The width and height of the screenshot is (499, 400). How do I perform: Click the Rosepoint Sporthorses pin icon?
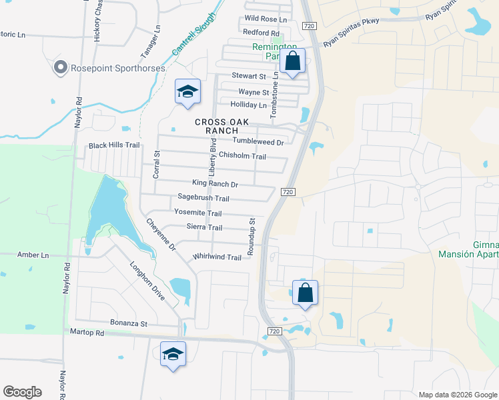coord(61,67)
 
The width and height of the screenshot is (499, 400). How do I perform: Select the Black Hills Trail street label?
coord(114,145)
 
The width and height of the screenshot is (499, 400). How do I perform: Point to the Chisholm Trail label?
coord(243,156)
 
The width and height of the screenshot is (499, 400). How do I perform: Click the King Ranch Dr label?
coord(215,184)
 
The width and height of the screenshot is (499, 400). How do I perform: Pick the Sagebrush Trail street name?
coord(203,198)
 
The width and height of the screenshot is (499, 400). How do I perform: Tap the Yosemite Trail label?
coord(197,213)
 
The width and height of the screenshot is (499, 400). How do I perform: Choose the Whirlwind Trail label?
coord(217,257)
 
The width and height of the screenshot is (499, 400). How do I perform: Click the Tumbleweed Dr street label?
coord(258,142)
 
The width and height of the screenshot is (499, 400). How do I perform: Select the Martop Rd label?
coord(87,332)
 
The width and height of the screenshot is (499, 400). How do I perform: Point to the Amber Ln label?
coord(33,255)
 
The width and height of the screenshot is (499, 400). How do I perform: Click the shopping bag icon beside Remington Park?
coord(293,62)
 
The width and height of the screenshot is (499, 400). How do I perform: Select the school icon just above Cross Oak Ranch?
coord(187,92)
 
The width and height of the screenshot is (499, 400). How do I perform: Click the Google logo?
coord(22,392)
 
